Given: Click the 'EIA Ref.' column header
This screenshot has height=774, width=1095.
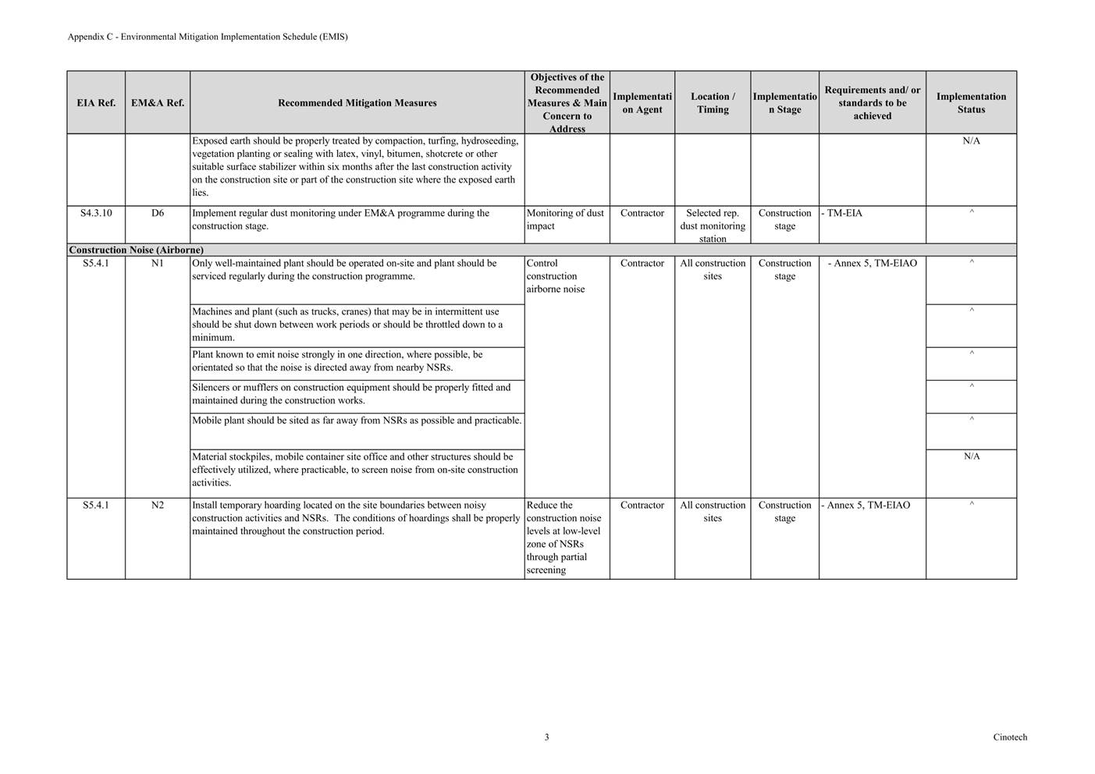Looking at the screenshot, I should (x=96, y=103).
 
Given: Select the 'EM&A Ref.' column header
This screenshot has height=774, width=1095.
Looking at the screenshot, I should (x=158, y=103).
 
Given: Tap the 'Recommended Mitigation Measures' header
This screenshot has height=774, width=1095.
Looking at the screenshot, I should (x=357, y=103).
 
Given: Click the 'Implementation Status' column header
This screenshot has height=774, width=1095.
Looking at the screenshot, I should (x=971, y=103).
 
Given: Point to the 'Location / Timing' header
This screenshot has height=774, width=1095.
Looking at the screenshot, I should (x=713, y=103).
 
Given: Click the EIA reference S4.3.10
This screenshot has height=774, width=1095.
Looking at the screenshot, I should (x=96, y=213).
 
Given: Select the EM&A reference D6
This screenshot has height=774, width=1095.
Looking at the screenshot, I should (x=158, y=213).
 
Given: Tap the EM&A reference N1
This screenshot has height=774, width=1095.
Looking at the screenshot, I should (x=158, y=264).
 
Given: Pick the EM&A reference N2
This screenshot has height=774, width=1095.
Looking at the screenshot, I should (x=158, y=506).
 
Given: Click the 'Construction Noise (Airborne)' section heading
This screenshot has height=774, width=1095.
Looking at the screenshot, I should (x=137, y=250).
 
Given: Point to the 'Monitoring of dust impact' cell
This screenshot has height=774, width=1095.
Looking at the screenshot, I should (x=565, y=219).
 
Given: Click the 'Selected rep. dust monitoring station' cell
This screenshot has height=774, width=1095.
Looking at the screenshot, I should (x=713, y=225).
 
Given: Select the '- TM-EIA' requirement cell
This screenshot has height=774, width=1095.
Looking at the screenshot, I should (x=842, y=213).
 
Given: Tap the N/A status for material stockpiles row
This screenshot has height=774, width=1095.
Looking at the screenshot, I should (x=971, y=456).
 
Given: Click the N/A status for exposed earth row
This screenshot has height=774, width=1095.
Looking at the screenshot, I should (x=971, y=141).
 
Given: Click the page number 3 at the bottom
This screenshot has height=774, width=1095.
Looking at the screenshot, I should (x=546, y=737).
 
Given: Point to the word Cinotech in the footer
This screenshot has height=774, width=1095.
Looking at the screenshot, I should (x=1010, y=737).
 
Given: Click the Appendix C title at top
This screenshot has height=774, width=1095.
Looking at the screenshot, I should (x=208, y=37).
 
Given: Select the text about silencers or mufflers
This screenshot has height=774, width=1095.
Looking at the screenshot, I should (x=351, y=394).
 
